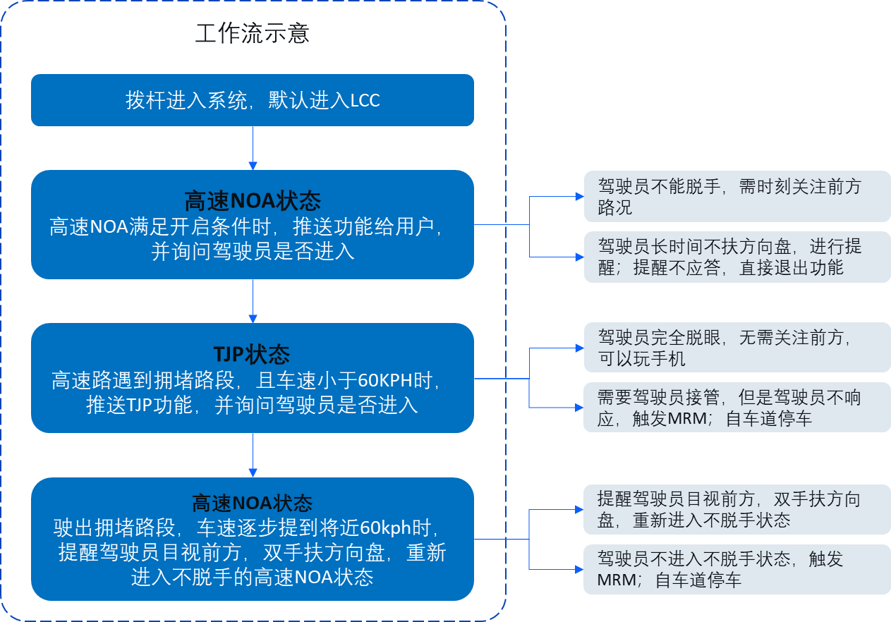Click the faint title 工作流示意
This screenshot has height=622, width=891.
pyautogui.click(x=252, y=34)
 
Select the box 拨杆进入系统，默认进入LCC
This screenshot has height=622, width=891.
pyautogui.click(x=252, y=100)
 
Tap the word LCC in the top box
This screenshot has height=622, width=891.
pyautogui.click(x=365, y=101)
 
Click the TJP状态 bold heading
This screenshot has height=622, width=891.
pyautogui.click(x=252, y=354)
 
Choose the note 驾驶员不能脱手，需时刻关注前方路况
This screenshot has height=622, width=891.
pyautogui.click(x=737, y=197)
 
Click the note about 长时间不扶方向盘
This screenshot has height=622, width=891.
pyautogui.click(x=737, y=257)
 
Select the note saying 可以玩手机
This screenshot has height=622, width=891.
pyautogui.click(x=737, y=348)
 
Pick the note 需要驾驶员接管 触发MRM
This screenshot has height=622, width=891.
pyautogui.click(x=737, y=408)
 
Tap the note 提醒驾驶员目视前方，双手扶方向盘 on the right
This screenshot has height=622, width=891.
pyautogui.click(x=737, y=510)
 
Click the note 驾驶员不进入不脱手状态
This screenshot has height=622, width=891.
pyautogui.click(x=737, y=569)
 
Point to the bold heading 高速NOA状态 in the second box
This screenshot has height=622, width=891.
pyautogui.click(x=252, y=201)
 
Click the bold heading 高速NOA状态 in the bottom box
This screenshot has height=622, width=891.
pyautogui.click(x=252, y=503)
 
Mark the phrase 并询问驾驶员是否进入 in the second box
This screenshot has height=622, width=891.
pyautogui.click(x=253, y=252)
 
